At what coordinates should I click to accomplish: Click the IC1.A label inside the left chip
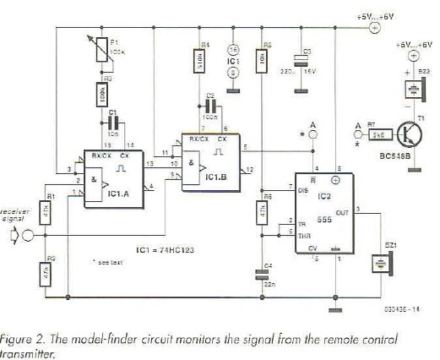(x=125, y=194)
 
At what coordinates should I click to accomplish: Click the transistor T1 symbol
(x=409, y=134)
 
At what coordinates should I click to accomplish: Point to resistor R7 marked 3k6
(x=379, y=134)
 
